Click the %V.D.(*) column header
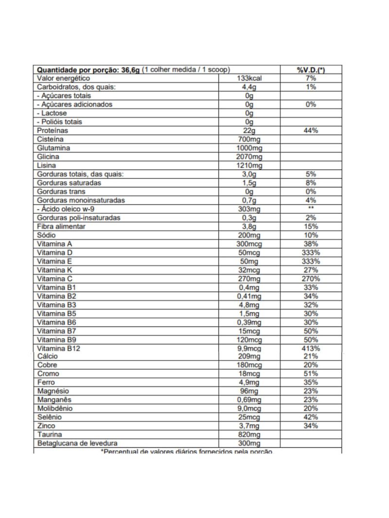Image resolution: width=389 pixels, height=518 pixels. pyautogui.click(x=311, y=70)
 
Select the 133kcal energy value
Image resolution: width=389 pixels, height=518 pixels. pyautogui.click(x=249, y=78)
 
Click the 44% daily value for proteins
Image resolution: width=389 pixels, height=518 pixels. pyautogui.click(x=311, y=131)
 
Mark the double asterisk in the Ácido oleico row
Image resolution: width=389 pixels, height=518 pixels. pyautogui.click(x=311, y=209)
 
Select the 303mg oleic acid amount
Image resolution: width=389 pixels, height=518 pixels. pyautogui.click(x=249, y=209)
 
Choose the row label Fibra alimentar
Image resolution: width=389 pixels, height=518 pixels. pyautogui.click(x=61, y=226)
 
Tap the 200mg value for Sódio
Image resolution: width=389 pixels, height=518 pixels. pyautogui.click(x=249, y=235)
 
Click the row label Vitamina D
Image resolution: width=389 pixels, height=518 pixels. pyautogui.click(x=55, y=253)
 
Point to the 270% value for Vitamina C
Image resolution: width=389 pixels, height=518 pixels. pyautogui.click(x=311, y=279)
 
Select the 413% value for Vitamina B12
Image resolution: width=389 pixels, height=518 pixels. pyautogui.click(x=311, y=348)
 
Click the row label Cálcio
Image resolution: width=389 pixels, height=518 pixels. pyautogui.click(x=47, y=356)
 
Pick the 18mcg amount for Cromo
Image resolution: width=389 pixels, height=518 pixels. pyautogui.click(x=249, y=374)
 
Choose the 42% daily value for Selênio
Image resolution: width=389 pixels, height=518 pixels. pyautogui.click(x=311, y=417)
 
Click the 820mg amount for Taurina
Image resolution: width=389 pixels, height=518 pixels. pyautogui.click(x=249, y=435)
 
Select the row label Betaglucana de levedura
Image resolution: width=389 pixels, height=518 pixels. pyautogui.click(x=77, y=444)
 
